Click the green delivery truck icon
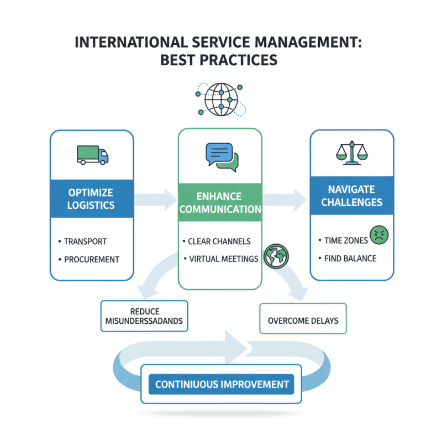[92, 155]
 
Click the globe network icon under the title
[221, 99]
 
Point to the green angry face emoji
[379, 236]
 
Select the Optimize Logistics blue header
[92, 199]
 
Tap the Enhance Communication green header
[220, 203]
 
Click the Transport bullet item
[85, 241]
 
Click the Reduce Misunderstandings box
[144, 316]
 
